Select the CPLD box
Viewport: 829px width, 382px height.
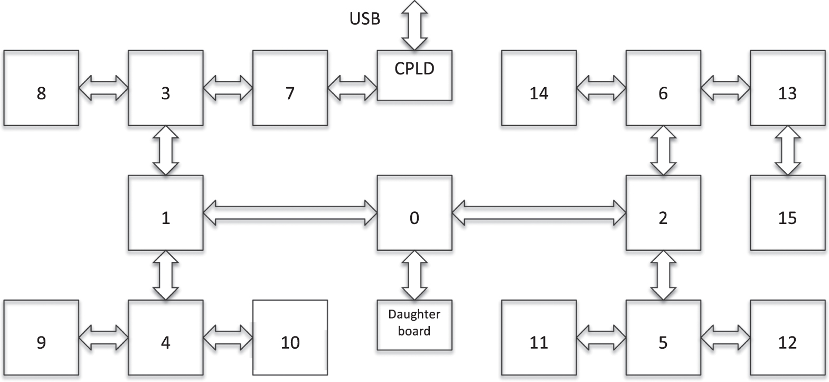(414, 75)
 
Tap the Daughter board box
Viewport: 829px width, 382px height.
(414, 324)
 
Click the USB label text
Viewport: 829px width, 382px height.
(364, 19)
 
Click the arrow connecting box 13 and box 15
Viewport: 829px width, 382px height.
(787, 151)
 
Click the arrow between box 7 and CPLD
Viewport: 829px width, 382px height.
(352, 88)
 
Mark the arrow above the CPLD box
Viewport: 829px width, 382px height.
(414, 25)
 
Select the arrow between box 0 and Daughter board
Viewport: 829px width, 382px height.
(414, 275)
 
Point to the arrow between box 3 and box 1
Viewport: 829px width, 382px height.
(165, 151)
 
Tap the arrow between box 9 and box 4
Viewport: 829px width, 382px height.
(103, 337)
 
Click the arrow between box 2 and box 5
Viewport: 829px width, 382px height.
(663, 275)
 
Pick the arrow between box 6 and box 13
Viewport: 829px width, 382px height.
(725, 88)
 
